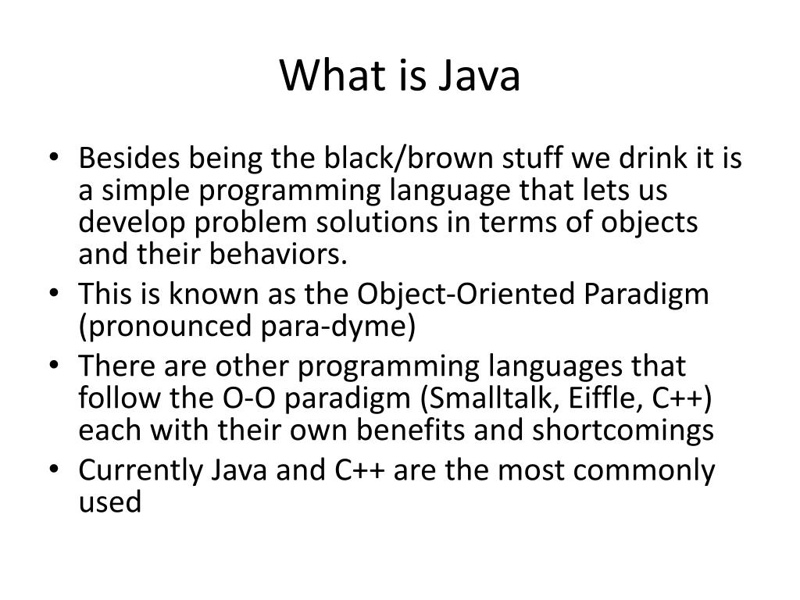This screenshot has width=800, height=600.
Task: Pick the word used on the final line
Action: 110,502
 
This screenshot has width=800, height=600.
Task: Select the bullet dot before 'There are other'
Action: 62,367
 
